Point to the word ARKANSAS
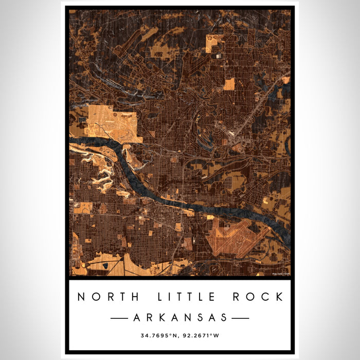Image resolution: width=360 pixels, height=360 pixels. click(x=180, y=318)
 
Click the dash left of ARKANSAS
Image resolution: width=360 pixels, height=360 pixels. click(x=120, y=318)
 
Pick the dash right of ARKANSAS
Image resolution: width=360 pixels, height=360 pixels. click(x=240, y=318)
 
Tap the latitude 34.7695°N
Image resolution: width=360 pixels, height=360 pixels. click(x=159, y=336)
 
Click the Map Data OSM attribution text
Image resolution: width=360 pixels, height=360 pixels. click(x=281, y=274)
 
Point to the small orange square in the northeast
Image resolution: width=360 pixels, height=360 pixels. click(x=229, y=84)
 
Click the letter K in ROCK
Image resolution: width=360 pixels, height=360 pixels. click(x=279, y=297)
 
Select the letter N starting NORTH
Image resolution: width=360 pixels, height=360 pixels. click(x=81, y=297)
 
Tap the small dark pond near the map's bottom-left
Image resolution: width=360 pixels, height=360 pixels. click(x=106, y=265)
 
